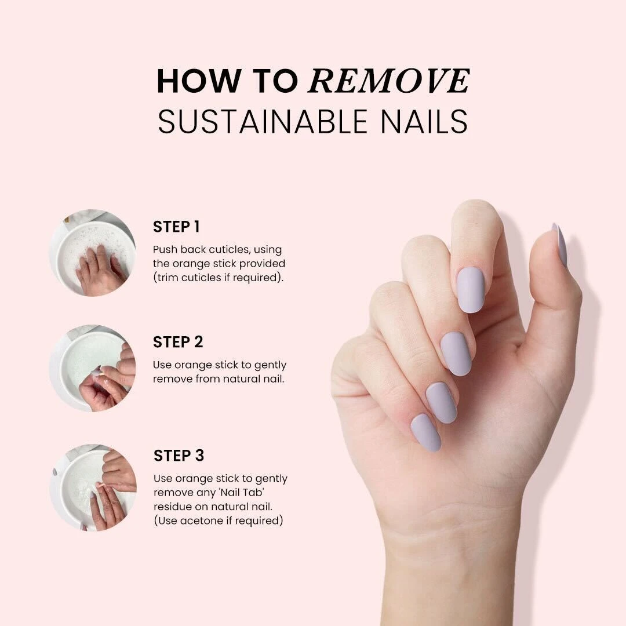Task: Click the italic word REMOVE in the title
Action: coord(389,81)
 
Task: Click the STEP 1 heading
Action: coord(176,227)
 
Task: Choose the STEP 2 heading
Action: coord(178,342)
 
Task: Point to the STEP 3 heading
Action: coord(179,456)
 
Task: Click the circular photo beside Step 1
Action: coord(93,253)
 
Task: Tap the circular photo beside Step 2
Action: coord(93,368)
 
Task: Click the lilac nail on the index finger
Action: coord(471,290)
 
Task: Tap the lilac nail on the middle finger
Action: coord(456,353)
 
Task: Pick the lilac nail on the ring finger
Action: coord(441,402)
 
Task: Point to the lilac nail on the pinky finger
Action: coord(425,432)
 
